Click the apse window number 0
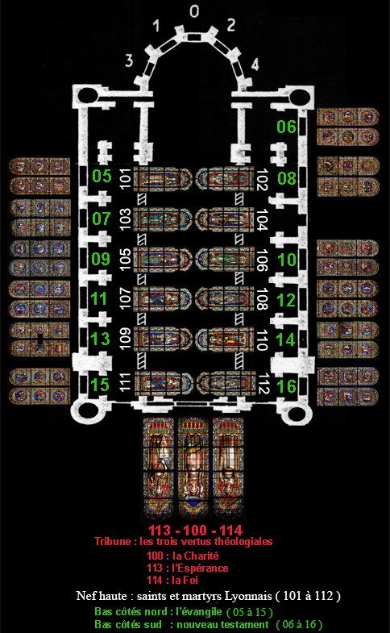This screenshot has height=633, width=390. (x=194, y=11)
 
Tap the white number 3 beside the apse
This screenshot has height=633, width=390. (x=129, y=60)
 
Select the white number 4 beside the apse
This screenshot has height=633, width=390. (x=255, y=65)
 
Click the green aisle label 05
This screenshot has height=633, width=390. (x=102, y=176)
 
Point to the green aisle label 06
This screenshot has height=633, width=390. (x=286, y=127)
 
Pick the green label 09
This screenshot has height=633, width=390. (x=101, y=259)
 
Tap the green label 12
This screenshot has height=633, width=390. (x=286, y=300)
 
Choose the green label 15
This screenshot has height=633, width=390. (x=100, y=385)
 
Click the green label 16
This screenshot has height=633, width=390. (x=286, y=386)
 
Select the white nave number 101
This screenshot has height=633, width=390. (x=126, y=178)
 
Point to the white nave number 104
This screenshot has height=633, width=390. (x=263, y=219)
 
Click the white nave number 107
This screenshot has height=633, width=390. (x=126, y=298)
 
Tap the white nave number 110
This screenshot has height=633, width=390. (x=263, y=340)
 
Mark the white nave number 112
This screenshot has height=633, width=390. (x=263, y=384)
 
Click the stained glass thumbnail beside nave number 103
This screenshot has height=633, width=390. (x=162, y=219)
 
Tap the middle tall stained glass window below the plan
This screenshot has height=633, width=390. (x=193, y=469)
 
